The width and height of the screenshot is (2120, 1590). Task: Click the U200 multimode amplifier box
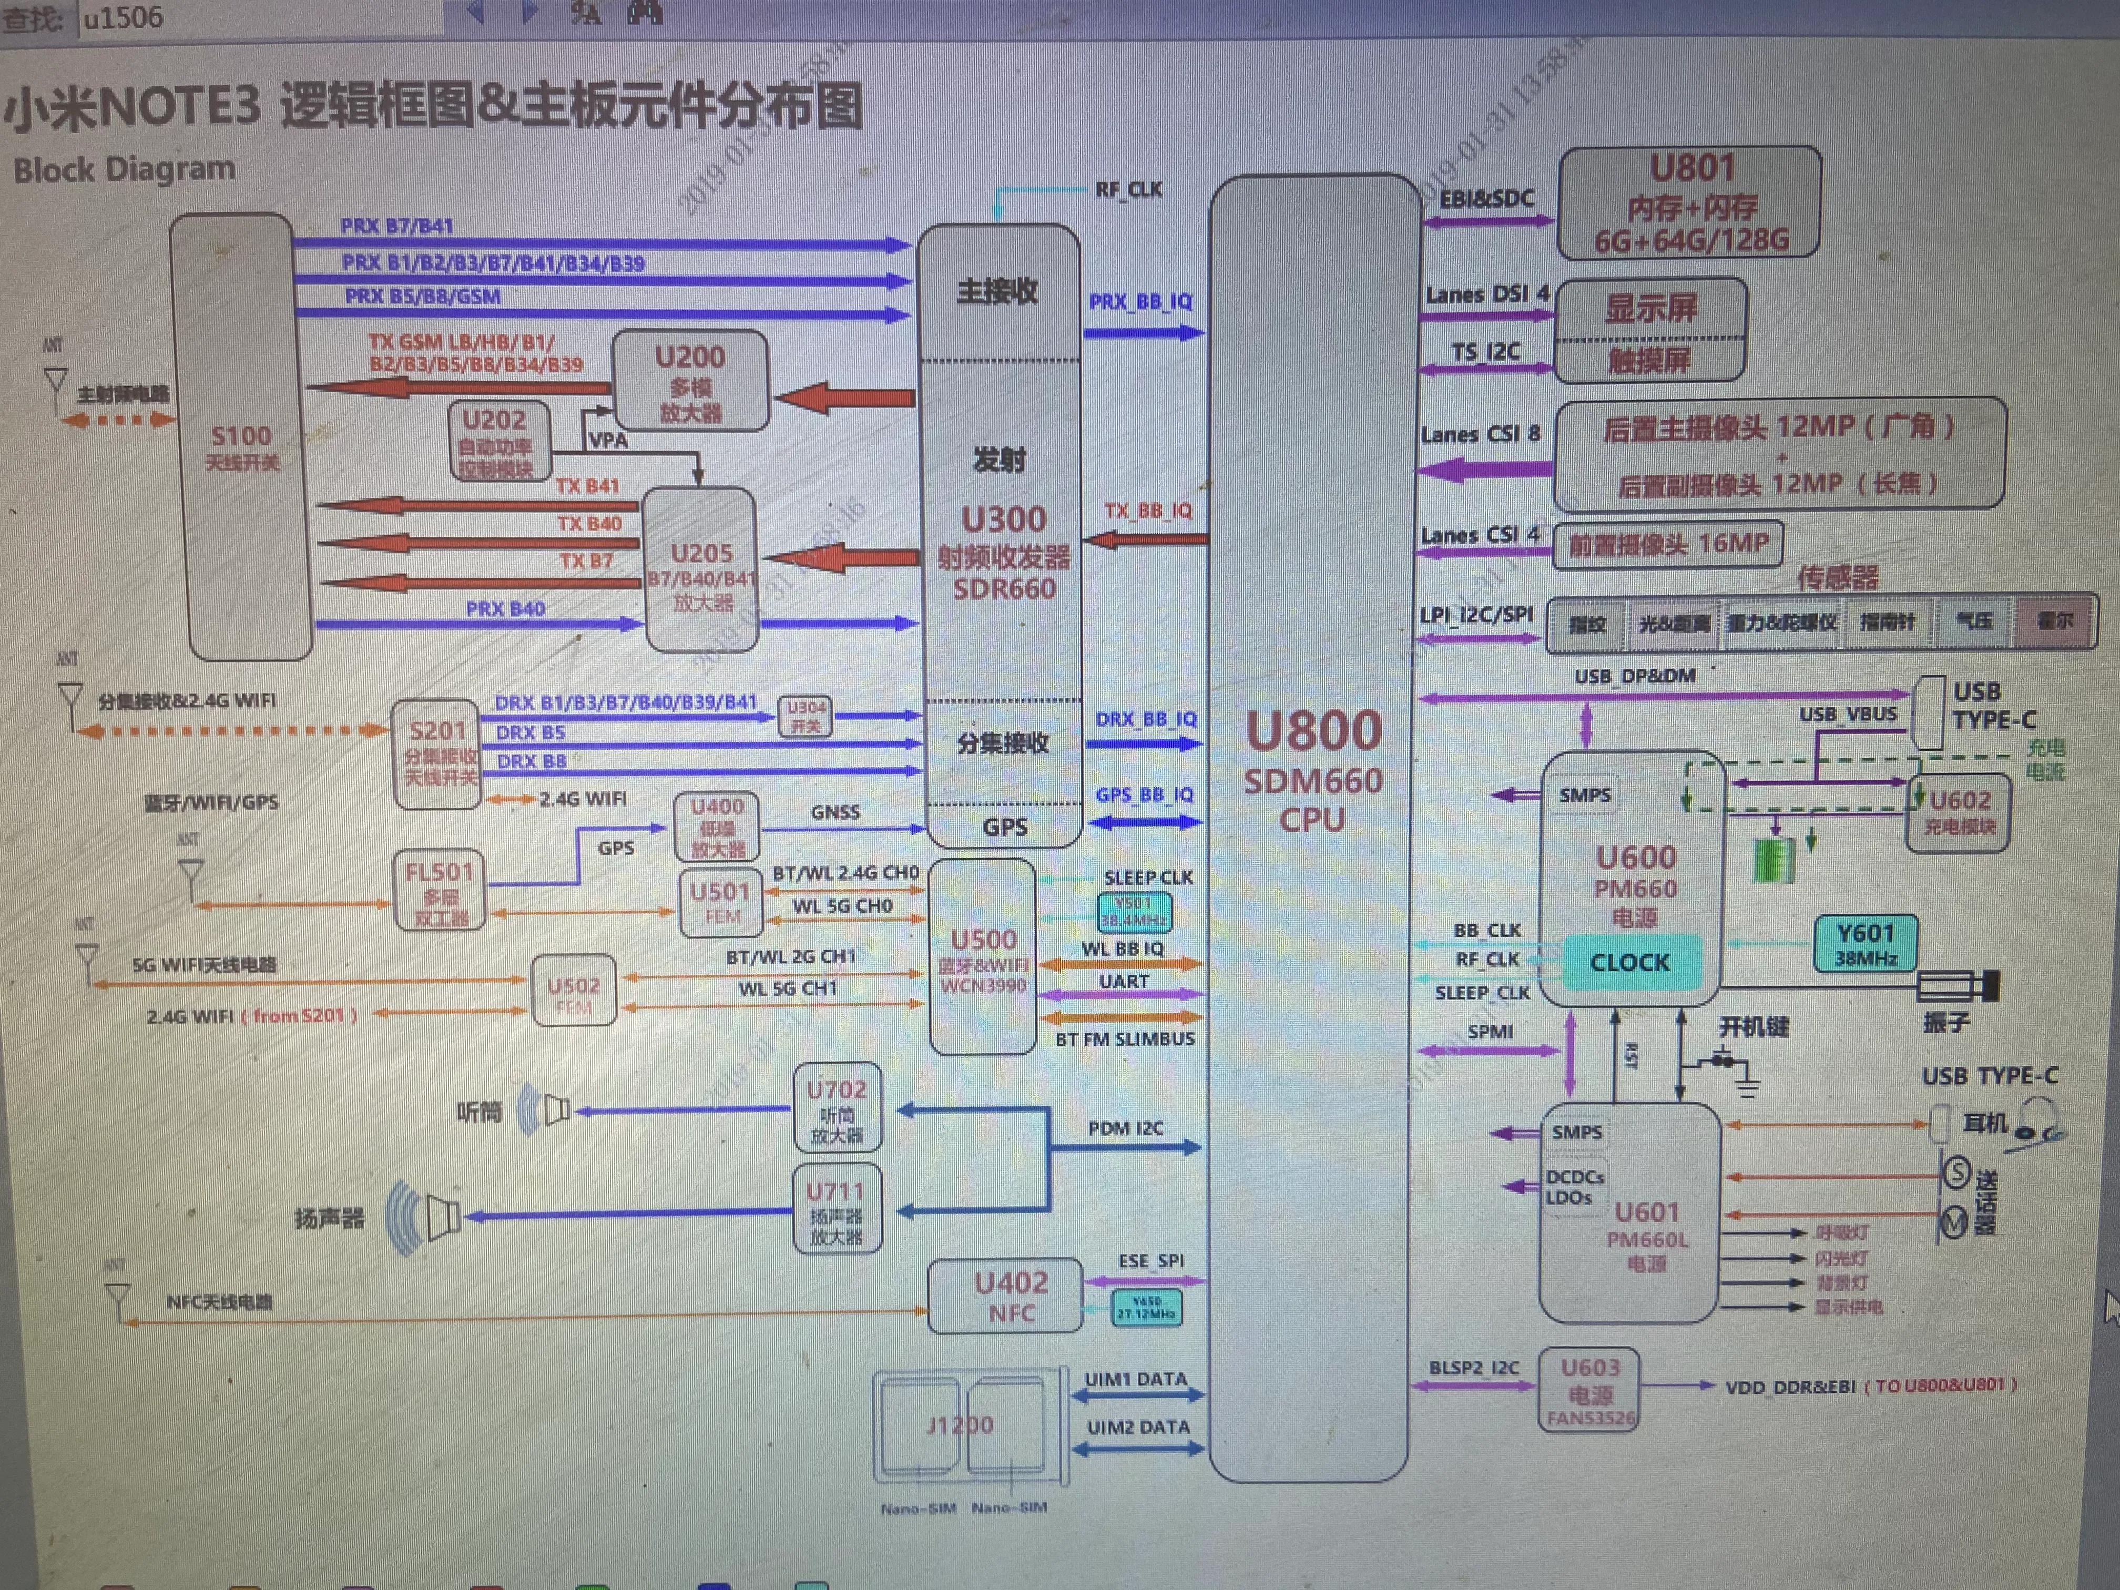[x=690, y=381]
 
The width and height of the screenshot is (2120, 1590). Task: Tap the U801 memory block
[x=1690, y=203]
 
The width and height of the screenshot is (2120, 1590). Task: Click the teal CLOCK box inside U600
[x=1630, y=962]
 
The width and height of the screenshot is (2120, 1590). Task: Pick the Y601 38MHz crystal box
[x=1865, y=943]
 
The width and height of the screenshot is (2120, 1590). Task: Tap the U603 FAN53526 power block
[x=1589, y=1391]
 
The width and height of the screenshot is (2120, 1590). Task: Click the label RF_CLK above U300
[x=1128, y=190]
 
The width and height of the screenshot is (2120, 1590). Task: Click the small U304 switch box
[x=805, y=716]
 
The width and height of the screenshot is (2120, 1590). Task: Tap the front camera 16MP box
[x=1668, y=544]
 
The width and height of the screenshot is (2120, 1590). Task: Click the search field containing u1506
[x=259, y=17]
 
